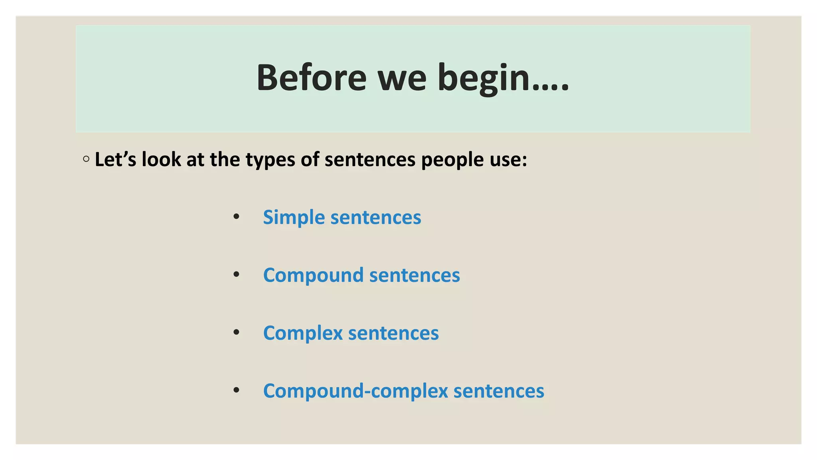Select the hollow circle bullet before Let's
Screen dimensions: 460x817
tap(86, 159)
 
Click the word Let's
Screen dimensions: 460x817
tap(115, 159)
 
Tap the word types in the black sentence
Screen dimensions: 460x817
tap(270, 160)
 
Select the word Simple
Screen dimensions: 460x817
tap(294, 218)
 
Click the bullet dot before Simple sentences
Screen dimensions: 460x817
tap(237, 217)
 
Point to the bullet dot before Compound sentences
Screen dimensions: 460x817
tap(237, 274)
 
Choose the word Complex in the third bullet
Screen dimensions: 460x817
tap(303, 333)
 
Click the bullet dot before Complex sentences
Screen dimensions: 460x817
tap(237, 332)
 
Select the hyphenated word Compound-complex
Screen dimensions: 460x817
tap(355, 391)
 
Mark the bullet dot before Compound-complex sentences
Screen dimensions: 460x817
tap(237, 390)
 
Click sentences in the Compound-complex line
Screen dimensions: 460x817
tap(499, 391)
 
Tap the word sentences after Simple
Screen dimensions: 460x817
tap(375, 218)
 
